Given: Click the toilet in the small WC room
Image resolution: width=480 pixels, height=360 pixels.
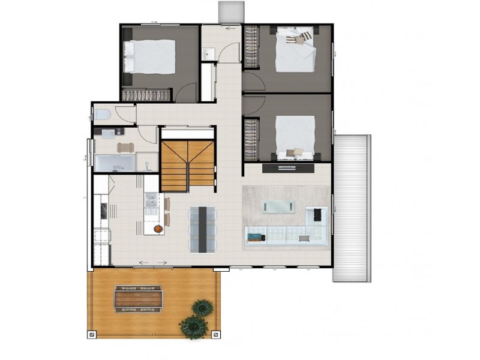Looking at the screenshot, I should (102, 113).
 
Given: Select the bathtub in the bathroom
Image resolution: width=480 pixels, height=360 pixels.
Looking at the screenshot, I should (114, 163).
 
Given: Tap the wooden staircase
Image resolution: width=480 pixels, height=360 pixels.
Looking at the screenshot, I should (187, 164).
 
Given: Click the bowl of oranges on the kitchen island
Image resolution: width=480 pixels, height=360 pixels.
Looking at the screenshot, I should (158, 229).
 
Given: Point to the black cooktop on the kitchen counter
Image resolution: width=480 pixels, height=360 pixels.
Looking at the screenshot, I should (103, 211).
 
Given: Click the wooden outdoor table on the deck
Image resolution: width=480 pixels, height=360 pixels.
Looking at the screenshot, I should (139, 298).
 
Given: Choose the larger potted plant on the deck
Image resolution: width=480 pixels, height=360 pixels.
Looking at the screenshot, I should (193, 326).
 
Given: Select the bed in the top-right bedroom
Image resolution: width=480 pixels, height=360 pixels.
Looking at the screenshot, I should (295, 51).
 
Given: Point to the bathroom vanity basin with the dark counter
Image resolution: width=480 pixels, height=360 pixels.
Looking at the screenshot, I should (108, 131).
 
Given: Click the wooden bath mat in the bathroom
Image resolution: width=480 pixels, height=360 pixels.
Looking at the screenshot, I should (127, 147).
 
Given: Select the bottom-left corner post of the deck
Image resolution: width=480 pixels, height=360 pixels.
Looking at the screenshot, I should (91, 334).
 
